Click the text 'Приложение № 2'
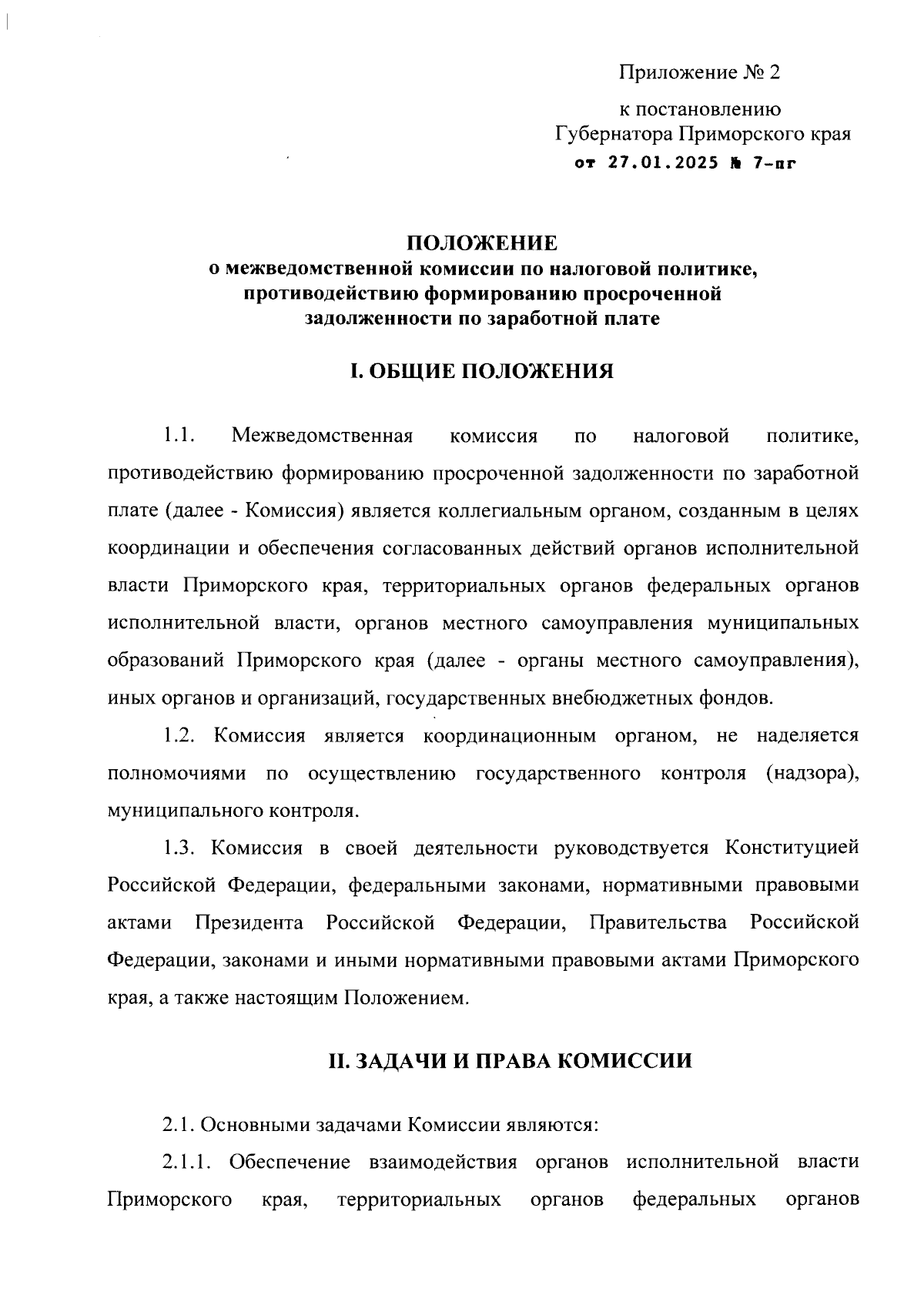coord(699,73)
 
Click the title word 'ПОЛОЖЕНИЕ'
coord(482,244)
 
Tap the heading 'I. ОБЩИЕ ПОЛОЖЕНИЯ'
coord(482,372)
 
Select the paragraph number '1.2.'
coord(178,736)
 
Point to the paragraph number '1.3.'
coord(178,848)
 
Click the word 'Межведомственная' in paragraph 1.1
coord(323,437)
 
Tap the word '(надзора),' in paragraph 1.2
coord(812,773)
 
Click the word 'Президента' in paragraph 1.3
coord(249,923)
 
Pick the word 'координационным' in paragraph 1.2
coord(510,736)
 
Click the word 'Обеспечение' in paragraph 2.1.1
coord(290,1162)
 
